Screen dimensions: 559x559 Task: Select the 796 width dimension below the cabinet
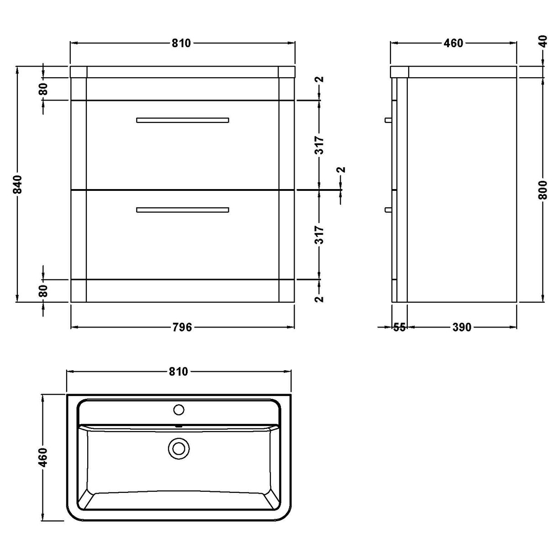[182, 327]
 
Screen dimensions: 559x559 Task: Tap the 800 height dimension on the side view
[543, 187]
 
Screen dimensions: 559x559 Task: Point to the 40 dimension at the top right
[543, 42]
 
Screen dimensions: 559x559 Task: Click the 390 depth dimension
[462, 327]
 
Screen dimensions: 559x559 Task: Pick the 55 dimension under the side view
[399, 327]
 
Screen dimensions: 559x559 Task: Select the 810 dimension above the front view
[181, 43]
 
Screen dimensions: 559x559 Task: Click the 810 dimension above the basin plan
[179, 372]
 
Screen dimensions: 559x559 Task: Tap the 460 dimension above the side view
[453, 43]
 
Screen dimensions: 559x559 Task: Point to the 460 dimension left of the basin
[43, 457]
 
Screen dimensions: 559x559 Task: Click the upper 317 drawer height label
[320, 145]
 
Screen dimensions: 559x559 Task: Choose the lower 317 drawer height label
[320, 235]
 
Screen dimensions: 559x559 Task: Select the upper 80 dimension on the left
[43, 89]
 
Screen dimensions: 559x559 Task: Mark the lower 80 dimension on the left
[43, 291]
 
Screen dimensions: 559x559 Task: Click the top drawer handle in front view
[182, 120]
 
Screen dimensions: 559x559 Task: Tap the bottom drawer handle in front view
[182, 210]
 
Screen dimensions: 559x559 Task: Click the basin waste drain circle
[178, 448]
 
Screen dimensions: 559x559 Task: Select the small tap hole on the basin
[179, 410]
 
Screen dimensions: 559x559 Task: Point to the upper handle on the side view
[388, 120]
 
